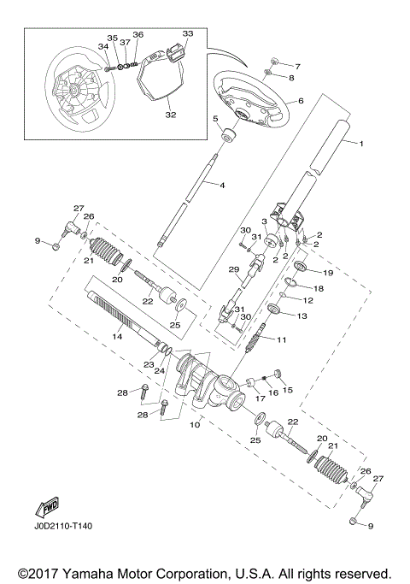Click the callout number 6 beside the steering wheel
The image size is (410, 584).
click(301, 100)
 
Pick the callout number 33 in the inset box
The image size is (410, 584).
click(188, 33)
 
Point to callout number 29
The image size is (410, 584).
click(231, 269)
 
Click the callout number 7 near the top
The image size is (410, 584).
click(297, 66)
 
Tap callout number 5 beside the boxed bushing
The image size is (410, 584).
click(216, 120)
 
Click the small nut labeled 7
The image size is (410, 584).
click(272, 62)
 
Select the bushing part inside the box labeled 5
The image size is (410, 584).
click(229, 136)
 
